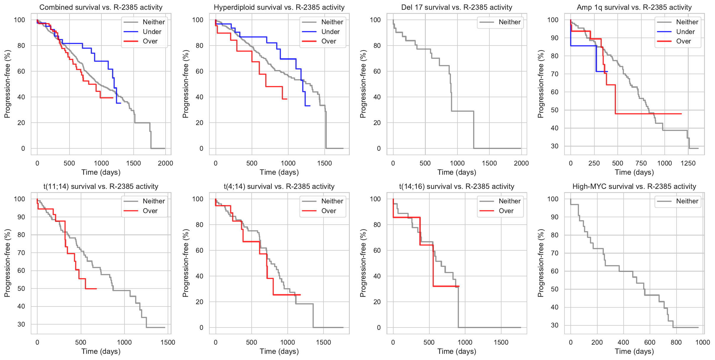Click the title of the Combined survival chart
click(101, 7)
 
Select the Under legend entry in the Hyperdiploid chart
click(330, 32)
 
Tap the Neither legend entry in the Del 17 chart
click(509, 22)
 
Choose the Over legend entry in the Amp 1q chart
click(683, 41)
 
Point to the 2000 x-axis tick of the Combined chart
click(165, 163)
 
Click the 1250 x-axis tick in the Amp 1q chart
click(688, 163)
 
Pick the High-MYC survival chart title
click(634, 187)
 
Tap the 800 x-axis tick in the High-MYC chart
click(676, 342)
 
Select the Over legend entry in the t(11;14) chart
click(150, 211)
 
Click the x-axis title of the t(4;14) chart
click(279, 351)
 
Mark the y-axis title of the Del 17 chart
click(363, 84)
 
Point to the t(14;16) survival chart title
click(457, 187)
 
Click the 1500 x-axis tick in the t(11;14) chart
click(168, 342)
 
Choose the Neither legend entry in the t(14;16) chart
click(509, 201)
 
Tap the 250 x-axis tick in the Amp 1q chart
click(594, 163)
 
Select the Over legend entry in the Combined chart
click(150, 41)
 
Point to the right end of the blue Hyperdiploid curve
click(310, 106)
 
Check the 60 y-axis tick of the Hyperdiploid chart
click(200, 71)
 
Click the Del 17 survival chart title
click(457, 7)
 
